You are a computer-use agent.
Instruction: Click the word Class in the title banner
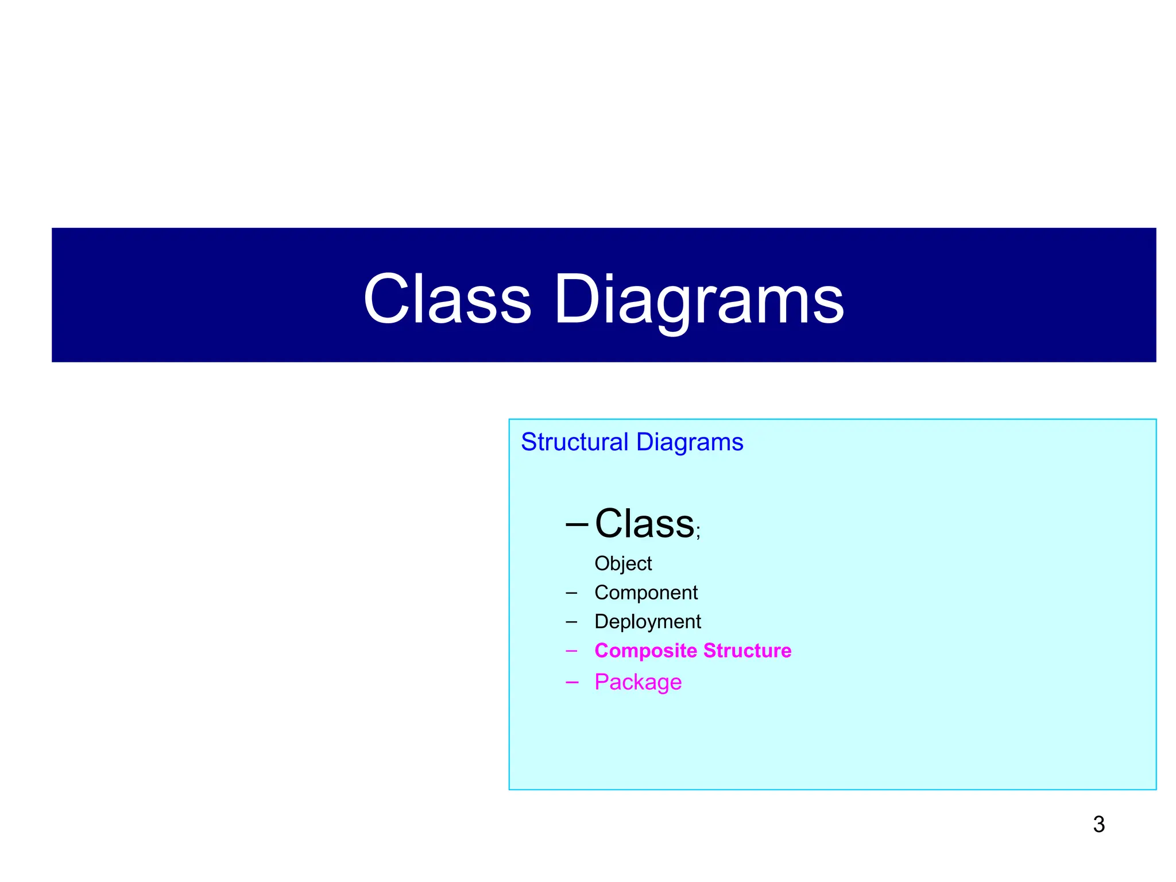447,299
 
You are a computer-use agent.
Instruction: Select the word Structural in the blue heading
574,442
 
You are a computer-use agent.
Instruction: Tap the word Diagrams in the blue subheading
690,442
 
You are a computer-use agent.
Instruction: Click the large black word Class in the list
644,524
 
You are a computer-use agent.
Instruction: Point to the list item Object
623,563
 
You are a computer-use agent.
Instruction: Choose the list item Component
646,593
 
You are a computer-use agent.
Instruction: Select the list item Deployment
648,621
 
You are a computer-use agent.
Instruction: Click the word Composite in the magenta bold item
645,651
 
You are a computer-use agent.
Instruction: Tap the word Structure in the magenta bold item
747,651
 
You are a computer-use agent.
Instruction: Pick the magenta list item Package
638,682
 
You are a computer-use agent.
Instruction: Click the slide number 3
1098,825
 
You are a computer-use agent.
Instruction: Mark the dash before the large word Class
577,524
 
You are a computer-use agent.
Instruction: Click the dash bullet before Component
571,593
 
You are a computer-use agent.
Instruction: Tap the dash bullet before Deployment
571,621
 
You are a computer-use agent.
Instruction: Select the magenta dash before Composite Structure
571,651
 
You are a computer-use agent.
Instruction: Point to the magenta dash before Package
571,682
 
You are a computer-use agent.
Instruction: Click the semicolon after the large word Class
698,532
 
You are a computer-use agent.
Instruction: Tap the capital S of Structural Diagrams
529,442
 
